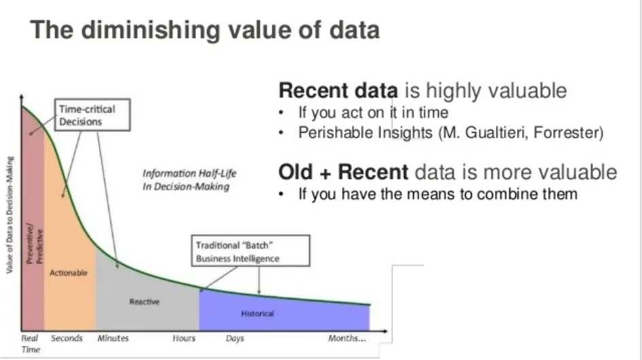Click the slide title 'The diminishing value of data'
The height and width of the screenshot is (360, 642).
[205, 31]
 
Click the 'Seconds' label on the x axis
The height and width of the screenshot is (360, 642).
[66, 338]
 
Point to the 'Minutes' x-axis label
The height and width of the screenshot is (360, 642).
[113, 338]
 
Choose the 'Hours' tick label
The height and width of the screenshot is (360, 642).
[184, 338]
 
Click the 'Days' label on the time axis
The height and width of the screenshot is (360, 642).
[235, 338]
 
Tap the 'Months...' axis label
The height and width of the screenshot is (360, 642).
[348, 338]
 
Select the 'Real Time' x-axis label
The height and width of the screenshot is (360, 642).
[29, 343]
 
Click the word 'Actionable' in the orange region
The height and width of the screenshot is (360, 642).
[69, 273]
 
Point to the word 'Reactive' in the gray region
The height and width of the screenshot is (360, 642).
[144, 301]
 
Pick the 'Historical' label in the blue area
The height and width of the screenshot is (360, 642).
[258, 314]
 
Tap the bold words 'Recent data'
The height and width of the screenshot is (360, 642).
[339, 91]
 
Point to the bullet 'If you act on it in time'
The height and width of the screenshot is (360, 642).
[373, 112]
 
